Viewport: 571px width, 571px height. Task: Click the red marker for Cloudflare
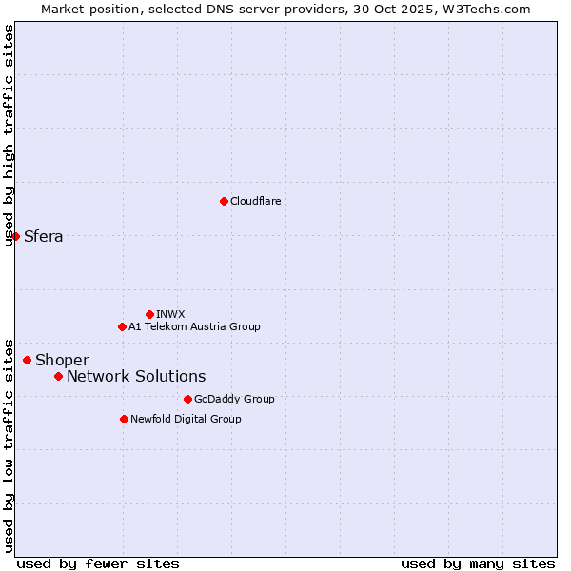[x=224, y=201]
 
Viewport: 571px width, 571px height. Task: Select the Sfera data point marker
[x=16, y=236]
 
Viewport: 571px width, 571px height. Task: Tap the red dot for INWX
[x=149, y=314]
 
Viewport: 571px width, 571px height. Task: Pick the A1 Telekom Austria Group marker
[x=122, y=326]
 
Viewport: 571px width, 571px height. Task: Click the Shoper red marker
[x=27, y=360]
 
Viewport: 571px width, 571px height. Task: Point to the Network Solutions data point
[x=58, y=376]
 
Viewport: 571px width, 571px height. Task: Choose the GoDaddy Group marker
[x=187, y=399]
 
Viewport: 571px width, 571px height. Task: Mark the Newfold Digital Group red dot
[x=124, y=419]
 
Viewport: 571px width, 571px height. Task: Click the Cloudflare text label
[x=255, y=201]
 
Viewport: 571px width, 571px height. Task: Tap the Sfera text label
[x=43, y=236]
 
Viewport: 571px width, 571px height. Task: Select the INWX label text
[x=170, y=314]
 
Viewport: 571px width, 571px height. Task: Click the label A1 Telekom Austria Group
[x=194, y=326]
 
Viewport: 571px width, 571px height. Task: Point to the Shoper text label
[x=62, y=360]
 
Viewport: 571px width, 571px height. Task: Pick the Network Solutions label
[x=136, y=376]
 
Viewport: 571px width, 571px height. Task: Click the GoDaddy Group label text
[x=234, y=399]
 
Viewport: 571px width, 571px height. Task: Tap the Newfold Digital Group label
[x=186, y=419]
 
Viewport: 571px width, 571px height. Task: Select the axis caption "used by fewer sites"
[x=98, y=563]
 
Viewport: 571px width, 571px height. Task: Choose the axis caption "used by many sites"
[x=478, y=563]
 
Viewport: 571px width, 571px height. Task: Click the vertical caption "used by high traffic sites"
[x=9, y=135]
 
